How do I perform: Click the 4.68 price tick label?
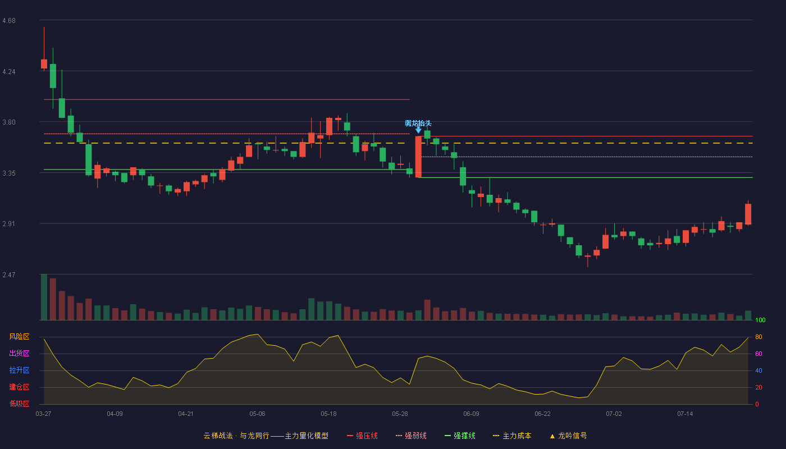point(9,21)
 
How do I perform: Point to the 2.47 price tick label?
point(9,274)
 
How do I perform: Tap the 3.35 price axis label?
point(9,173)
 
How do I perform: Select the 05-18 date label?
point(328,414)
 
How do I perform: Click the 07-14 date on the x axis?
point(685,414)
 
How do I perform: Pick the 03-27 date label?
point(44,414)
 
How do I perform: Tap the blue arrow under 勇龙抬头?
point(418,130)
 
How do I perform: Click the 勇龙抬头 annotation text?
point(418,123)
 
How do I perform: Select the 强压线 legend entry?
point(362,436)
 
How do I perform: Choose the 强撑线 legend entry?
point(460,436)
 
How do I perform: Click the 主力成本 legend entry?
point(512,436)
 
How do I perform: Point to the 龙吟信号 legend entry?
point(568,436)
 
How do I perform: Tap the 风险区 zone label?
point(19,336)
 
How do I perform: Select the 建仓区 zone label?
point(19,387)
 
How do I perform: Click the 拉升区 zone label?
point(19,370)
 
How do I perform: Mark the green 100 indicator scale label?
point(760,320)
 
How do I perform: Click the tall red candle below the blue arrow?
point(418,157)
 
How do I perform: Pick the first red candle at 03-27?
point(44,64)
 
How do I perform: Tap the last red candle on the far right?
point(748,214)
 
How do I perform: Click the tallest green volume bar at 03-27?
point(44,297)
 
